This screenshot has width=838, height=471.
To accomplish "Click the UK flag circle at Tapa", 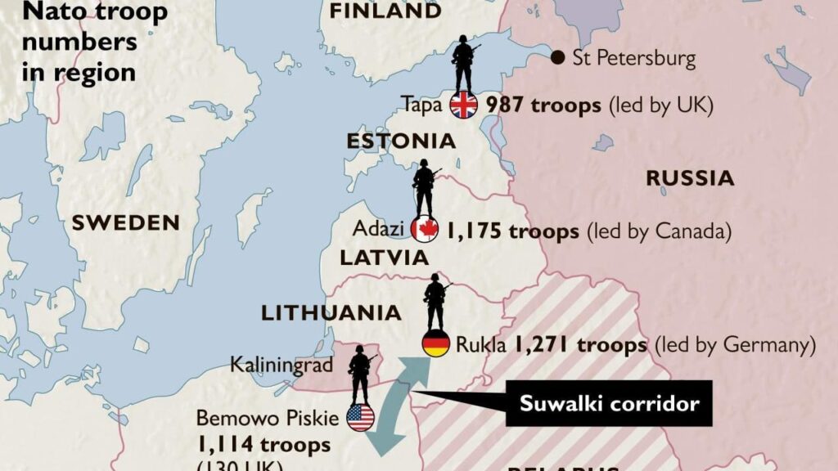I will pyautogui.click(x=463, y=105).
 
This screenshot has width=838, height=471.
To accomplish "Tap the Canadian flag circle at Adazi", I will pyautogui.click(x=425, y=231).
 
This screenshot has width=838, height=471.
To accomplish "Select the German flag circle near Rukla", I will pyautogui.click(x=435, y=344).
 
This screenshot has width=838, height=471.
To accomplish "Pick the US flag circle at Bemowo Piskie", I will pyautogui.click(x=360, y=418).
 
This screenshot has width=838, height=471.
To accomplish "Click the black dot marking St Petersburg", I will pyautogui.click(x=557, y=57).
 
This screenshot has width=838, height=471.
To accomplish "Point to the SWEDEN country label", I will pyautogui.click(x=125, y=222).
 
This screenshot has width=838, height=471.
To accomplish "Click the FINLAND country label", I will pyautogui.click(x=385, y=11).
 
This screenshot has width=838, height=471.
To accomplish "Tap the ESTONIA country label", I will pyautogui.click(x=401, y=141).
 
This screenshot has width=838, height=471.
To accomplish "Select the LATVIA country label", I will pyautogui.click(x=385, y=258).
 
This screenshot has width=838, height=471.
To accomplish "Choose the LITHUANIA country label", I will pyautogui.click(x=331, y=313).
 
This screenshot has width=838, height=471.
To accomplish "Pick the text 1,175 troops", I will pyautogui.click(x=512, y=231).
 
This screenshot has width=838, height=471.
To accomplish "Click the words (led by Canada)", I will pyautogui.click(x=658, y=231).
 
